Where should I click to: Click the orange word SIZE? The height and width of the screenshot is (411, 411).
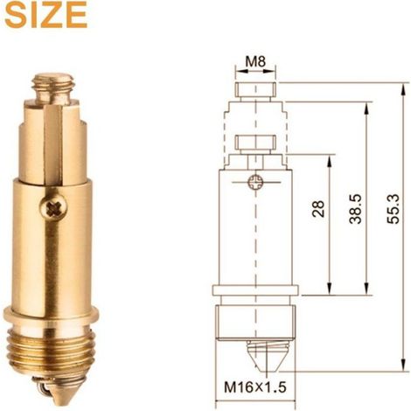[x=46, y=16]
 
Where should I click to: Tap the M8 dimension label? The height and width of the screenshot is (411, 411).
[x=255, y=61]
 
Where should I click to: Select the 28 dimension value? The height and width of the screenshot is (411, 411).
[x=318, y=208]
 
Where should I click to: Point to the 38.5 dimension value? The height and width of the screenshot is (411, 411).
[x=355, y=209]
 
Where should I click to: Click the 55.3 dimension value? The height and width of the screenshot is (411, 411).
[x=393, y=209]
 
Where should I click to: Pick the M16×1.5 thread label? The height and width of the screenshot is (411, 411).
[x=255, y=387]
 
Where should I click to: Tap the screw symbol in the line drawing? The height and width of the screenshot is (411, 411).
[x=255, y=183]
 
